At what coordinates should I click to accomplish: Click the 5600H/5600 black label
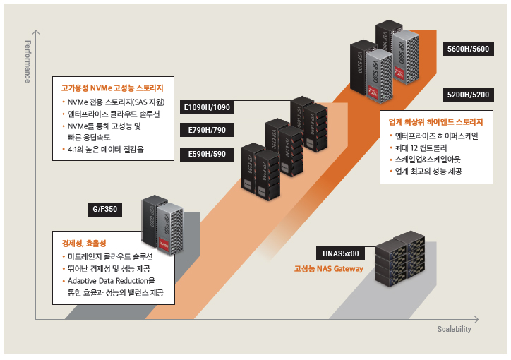469,49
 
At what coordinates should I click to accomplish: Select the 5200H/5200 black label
469,94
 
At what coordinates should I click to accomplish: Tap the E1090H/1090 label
205,107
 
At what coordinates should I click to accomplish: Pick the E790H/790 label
207,130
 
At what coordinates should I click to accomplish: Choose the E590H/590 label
207,153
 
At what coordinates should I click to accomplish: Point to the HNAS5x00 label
340,253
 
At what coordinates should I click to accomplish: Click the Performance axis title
28,61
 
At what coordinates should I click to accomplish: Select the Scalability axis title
454,329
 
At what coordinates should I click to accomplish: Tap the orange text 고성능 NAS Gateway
329,268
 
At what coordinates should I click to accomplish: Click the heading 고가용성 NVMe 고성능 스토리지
113,88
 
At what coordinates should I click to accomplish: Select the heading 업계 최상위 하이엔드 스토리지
435,121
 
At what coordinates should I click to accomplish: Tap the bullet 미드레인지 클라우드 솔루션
110,256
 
